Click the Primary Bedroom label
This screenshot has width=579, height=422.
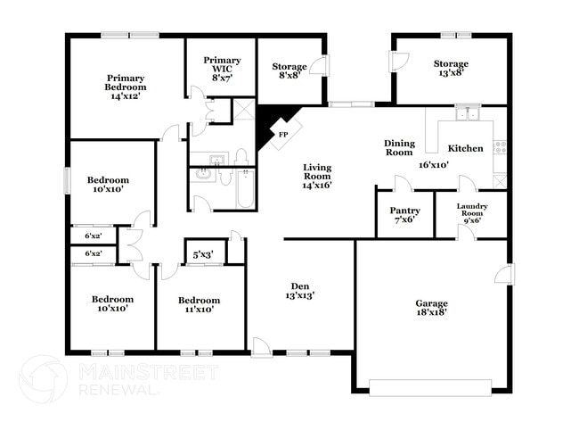tap(126, 87)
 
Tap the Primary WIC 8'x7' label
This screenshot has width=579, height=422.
tap(221, 69)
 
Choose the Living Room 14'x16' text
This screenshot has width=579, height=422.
tap(316, 176)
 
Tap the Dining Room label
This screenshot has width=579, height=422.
tap(399, 148)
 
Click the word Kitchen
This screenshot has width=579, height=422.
tap(465, 148)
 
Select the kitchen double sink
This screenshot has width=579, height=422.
tap(467, 114)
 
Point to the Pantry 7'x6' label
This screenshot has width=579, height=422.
tap(405, 215)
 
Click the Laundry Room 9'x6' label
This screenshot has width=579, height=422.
tap(471, 214)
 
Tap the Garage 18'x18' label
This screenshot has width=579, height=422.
tap(431, 308)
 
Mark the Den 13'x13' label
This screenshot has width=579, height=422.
tap(299, 290)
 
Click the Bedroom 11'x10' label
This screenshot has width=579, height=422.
tap(198, 304)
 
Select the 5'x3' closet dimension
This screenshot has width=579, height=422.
tap(202, 255)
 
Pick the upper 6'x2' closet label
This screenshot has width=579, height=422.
tap(93, 236)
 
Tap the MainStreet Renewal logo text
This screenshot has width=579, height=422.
tap(118, 378)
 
